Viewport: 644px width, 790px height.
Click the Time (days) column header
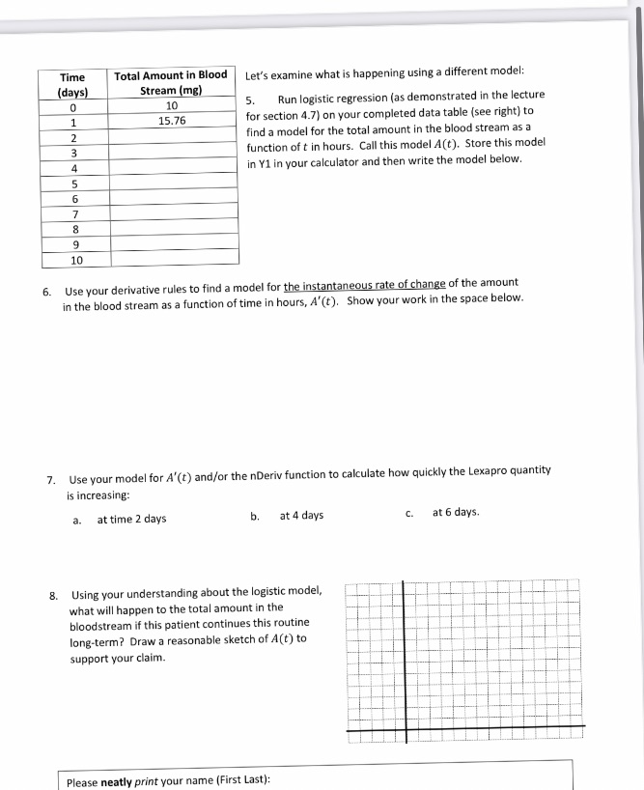point(72,85)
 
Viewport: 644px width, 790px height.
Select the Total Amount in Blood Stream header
point(171,84)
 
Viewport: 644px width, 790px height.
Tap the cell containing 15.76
point(171,121)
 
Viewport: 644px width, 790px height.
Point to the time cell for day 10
point(72,259)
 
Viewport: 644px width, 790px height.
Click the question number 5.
point(250,100)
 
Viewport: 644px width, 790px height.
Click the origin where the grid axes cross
point(406,726)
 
